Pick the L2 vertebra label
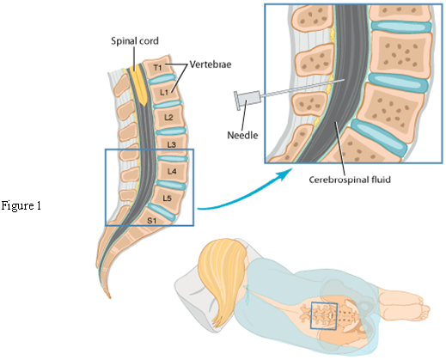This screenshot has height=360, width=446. tap(168, 117)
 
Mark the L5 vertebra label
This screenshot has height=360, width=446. tap(168, 198)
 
